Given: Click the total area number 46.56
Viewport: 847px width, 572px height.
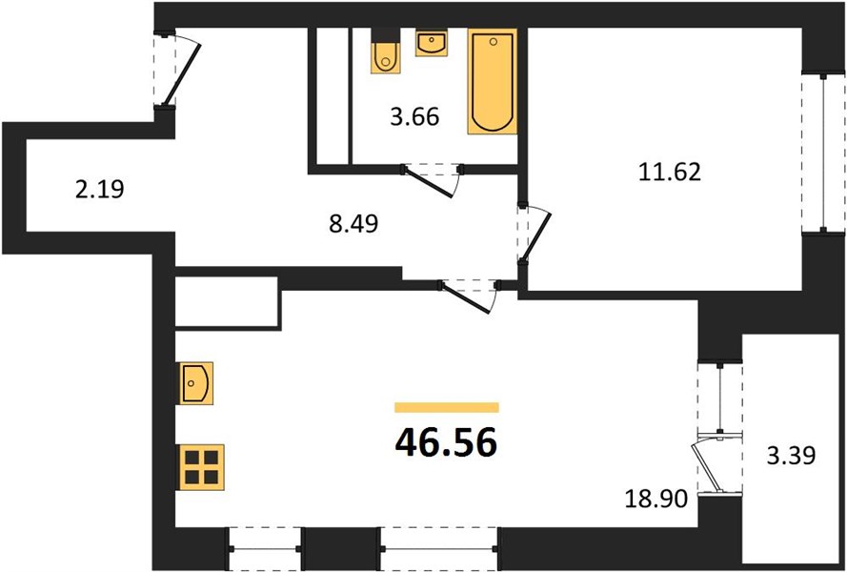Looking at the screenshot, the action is click(x=446, y=442).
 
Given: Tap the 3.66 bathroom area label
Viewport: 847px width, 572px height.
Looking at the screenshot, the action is click(x=414, y=116).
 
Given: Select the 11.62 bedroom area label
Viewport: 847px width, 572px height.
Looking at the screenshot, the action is click(x=669, y=172).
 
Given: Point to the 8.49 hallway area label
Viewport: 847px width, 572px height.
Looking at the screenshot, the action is click(x=353, y=223).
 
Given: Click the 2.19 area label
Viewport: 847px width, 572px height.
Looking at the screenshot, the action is click(x=99, y=189).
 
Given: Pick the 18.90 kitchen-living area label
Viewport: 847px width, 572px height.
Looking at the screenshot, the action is click(x=656, y=499).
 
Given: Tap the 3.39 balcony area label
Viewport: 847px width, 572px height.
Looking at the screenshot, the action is click(x=792, y=456).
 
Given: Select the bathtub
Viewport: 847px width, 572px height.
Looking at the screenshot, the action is click(x=493, y=81).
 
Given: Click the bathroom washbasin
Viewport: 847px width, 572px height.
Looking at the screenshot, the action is click(x=431, y=43).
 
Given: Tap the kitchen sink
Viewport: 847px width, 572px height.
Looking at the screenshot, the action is click(x=196, y=383).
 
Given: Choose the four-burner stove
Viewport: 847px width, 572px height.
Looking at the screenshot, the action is click(x=201, y=467).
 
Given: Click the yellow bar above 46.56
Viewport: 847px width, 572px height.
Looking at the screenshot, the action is click(x=447, y=407).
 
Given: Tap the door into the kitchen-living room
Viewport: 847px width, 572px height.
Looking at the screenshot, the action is click(x=469, y=296).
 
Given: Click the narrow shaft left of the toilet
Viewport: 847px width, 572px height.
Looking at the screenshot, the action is click(x=333, y=95).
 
